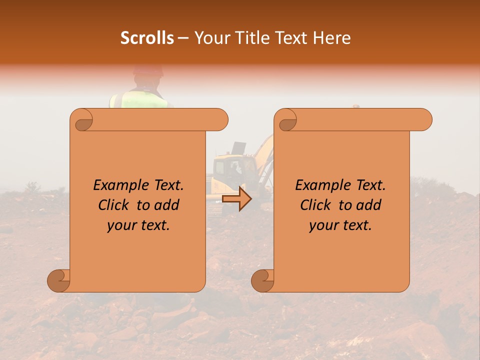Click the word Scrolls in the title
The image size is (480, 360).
[147, 38]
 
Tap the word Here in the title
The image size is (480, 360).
[330, 38]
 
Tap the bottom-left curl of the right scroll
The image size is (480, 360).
[263, 280]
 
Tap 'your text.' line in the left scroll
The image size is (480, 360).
[138, 225]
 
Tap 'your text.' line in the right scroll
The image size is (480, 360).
[340, 225]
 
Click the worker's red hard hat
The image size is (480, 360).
[148, 70]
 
